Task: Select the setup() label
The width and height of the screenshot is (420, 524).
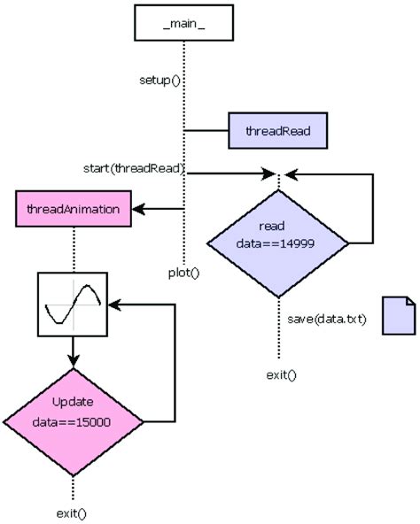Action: pyautogui.click(x=159, y=80)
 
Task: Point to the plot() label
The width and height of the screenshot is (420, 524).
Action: pyautogui.click(x=183, y=271)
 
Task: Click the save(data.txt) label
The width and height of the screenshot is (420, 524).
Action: pyautogui.click(x=326, y=318)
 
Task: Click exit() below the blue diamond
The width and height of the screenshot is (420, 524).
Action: pyautogui.click(x=281, y=374)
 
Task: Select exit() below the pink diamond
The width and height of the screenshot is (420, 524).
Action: pyautogui.click(x=73, y=512)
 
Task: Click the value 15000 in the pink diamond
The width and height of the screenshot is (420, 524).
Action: pyautogui.click(x=92, y=422)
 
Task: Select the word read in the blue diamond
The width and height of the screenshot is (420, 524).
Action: pyautogui.click(x=272, y=225)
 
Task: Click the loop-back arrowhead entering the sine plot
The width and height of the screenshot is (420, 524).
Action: pyautogui.click(x=114, y=304)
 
